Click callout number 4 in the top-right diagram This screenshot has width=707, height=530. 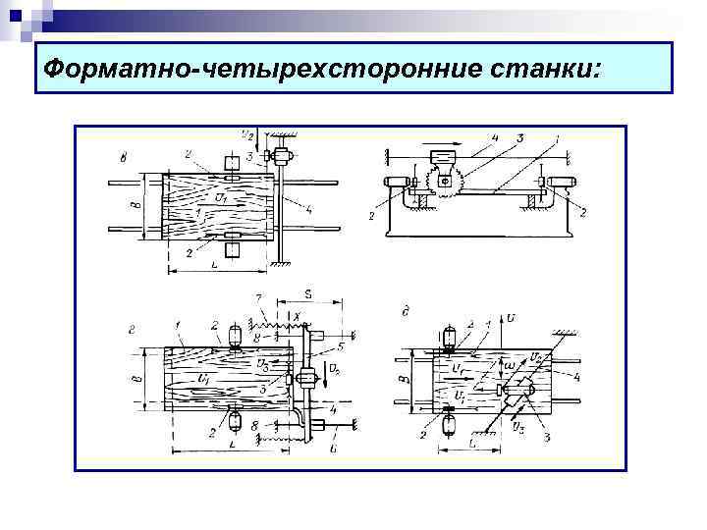coord(495,138)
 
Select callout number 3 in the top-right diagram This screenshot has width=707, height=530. coord(520,138)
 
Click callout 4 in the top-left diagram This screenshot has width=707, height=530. coord(308,210)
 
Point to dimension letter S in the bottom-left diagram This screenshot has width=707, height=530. coord(307,291)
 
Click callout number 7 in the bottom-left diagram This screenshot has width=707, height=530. coord(258,296)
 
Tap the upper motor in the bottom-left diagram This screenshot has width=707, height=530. coord(236,334)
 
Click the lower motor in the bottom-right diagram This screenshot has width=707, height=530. coord(449,424)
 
